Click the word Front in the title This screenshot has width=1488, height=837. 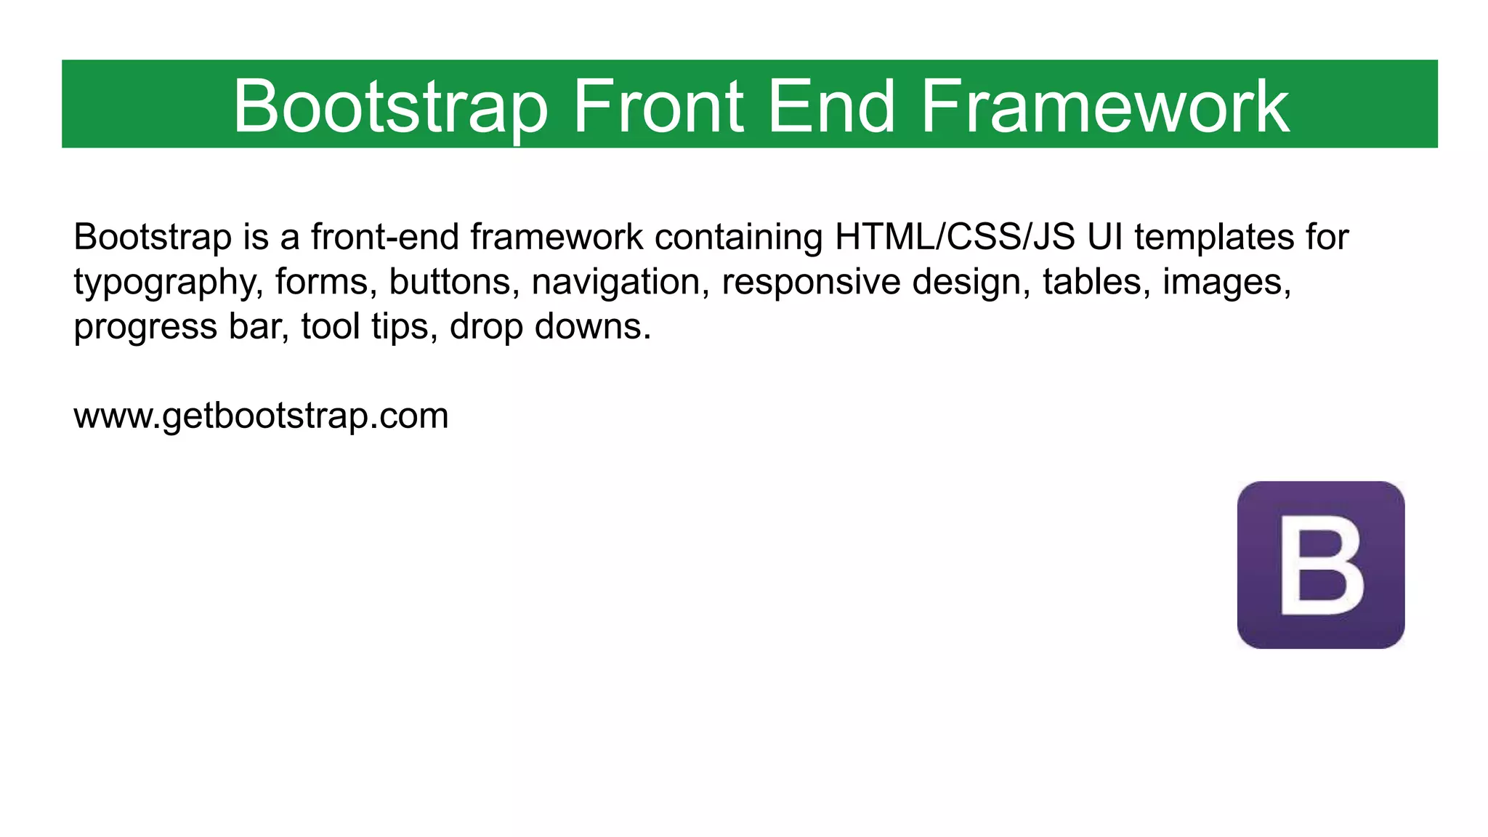click(x=658, y=107)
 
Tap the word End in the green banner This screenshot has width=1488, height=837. click(x=830, y=107)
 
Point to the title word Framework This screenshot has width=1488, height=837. click(x=1104, y=107)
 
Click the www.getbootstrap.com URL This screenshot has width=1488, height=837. click(x=261, y=416)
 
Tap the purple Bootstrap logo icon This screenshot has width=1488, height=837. click(x=1320, y=565)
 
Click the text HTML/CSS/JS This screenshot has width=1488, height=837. click(x=955, y=237)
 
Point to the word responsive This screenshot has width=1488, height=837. click(x=811, y=282)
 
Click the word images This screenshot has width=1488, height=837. click(x=1226, y=282)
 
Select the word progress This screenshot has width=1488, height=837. click(x=145, y=327)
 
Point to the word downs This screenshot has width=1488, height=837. click(x=592, y=327)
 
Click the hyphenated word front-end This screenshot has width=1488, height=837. click(x=385, y=237)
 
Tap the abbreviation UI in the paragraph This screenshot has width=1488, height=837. click(x=1104, y=237)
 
